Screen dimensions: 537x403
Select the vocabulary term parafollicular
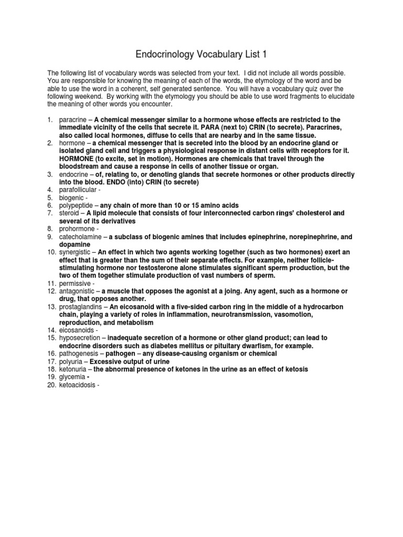point(78,189)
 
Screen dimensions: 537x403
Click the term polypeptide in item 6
point(75,206)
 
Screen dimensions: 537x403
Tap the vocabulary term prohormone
point(75,229)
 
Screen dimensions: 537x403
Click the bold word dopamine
point(74,245)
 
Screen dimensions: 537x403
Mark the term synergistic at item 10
point(74,252)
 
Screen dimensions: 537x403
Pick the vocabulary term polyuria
point(70,362)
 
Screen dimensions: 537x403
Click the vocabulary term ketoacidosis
point(77,385)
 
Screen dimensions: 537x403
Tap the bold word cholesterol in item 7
point(311,213)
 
